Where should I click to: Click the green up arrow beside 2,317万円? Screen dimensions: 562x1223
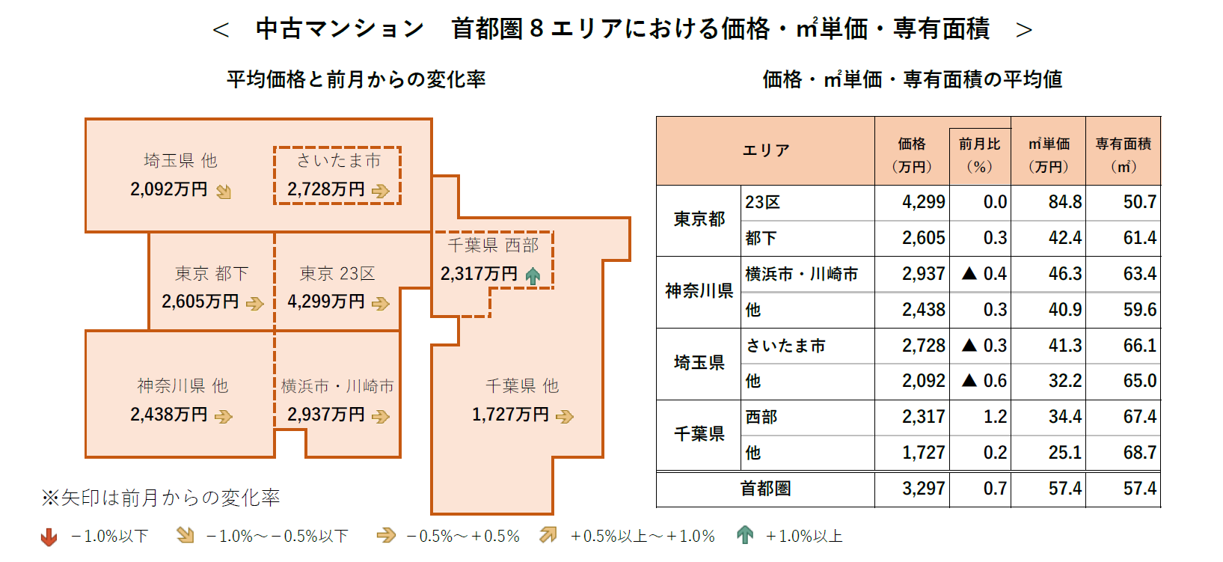[533, 276]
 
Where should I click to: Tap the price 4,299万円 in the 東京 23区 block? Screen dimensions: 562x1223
[326, 302]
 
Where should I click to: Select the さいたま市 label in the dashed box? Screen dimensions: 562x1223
[338, 160]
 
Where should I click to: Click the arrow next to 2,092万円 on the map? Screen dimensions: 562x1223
[224, 192]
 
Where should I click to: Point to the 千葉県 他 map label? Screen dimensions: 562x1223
[521, 386]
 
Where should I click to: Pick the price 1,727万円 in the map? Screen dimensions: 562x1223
[510, 415]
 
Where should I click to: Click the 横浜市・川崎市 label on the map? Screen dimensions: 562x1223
[337, 386]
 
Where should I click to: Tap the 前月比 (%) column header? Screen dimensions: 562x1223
[979, 154]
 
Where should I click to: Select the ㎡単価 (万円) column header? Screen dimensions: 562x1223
[1048, 154]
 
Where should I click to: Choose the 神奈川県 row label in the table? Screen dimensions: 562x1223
[699, 291]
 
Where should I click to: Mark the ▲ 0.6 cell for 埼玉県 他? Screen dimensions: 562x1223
[984, 381]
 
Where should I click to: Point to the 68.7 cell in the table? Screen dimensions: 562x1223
[1139, 453]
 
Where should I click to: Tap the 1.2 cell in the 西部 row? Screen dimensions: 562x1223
[995, 417]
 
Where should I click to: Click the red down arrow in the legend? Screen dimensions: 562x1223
[49, 537]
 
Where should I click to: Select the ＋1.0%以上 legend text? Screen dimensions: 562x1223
[804, 537]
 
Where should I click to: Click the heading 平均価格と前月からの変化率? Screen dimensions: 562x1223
[356, 79]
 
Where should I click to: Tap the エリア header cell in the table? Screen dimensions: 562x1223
[765, 150]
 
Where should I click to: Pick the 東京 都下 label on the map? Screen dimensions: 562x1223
[211, 274]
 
